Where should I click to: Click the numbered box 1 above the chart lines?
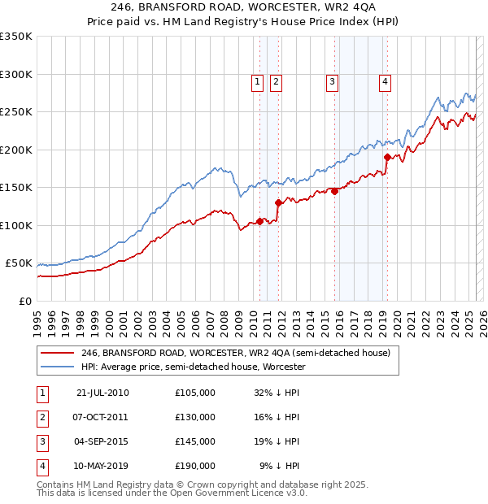[257, 81]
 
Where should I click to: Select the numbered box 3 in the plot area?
[332, 81]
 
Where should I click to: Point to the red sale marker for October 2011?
[278, 203]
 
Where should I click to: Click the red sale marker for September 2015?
[334, 192]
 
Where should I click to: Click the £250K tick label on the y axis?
[16, 112]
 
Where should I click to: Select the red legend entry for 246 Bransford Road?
[236, 353]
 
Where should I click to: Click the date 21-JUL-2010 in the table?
[102, 393]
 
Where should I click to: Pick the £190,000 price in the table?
[195, 466]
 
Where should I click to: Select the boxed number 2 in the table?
[41, 417]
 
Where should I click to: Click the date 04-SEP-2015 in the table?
[102, 441]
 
